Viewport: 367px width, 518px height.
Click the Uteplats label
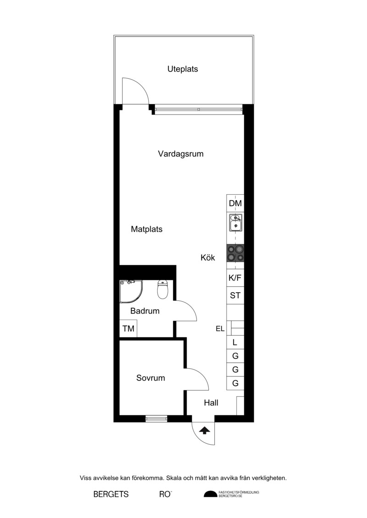[x=182, y=69]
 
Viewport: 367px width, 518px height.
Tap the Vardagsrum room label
[x=181, y=154]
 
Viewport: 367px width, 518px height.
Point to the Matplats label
[x=147, y=229]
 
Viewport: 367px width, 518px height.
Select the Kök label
[x=208, y=257]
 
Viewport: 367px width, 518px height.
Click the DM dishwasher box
[x=235, y=203]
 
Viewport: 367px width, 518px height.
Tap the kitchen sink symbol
[x=236, y=222]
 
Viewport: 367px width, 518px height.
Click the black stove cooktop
[x=235, y=253]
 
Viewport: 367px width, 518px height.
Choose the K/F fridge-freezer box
[x=235, y=278]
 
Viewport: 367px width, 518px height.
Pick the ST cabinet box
[x=235, y=295]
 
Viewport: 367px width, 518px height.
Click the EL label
[x=220, y=329]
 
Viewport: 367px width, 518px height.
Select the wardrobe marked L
[x=235, y=342]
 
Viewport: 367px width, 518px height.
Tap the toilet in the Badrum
[x=162, y=289]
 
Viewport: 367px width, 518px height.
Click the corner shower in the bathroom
[x=131, y=291]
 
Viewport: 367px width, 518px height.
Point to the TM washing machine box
[x=128, y=328]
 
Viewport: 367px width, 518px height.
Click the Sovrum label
[x=150, y=378]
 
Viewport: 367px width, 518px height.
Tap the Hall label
[x=211, y=403]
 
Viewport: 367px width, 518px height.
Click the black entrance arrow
[x=205, y=430]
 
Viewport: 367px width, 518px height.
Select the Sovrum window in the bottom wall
[x=156, y=419]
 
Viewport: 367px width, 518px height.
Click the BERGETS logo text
[x=111, y=494]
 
